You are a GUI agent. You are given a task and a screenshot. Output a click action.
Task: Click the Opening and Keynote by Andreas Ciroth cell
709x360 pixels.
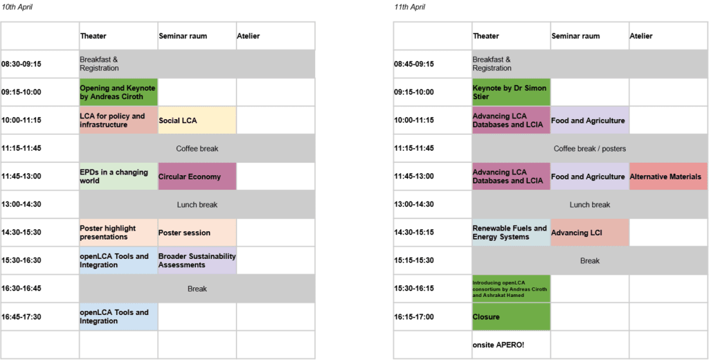[x=118, y=92]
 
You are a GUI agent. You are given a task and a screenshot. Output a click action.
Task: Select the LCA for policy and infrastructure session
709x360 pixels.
[x=118, y=120]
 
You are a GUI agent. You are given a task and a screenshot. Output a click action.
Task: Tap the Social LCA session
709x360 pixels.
[x=197, y=120]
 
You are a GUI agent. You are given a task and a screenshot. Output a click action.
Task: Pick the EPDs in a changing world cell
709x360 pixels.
[x=118, y=177]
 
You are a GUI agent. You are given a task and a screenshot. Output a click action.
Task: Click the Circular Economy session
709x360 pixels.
[x=197, y=177]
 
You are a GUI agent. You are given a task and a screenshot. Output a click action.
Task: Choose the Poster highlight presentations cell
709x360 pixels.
[x=118, y=233]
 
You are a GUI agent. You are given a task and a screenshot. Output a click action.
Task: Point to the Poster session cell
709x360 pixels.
[x=197, y=233]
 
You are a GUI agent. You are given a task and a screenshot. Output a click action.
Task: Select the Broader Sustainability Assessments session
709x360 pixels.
[x=197, y=260]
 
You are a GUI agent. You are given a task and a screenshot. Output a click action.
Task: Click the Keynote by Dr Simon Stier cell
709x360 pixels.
[x=510, y=92]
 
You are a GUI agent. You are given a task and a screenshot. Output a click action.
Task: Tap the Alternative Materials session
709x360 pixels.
[x=667, y=177]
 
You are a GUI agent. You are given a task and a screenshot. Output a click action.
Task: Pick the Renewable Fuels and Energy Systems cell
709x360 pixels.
[x=510, y=233]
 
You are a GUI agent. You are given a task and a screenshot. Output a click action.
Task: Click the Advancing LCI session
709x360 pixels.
[x=589, y=233]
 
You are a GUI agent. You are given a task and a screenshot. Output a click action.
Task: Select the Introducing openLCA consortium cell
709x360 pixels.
[x=510, y=289]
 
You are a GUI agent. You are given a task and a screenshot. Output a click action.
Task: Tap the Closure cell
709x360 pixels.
[x=510, y=317]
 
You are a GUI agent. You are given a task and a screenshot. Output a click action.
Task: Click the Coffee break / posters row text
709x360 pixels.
[x=589, y=149]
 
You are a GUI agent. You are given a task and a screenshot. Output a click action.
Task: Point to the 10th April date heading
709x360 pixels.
[x=17, y=8]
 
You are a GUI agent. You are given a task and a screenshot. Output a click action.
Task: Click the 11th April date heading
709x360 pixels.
[x=409, y=8]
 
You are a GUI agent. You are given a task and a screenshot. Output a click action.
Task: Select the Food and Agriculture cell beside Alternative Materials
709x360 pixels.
[x=589, y=177]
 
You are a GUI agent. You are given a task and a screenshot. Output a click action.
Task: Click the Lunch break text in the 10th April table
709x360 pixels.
[x=197, y=205]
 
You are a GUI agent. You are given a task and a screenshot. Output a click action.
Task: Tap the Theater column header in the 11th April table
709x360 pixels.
[x=486, y=36]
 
